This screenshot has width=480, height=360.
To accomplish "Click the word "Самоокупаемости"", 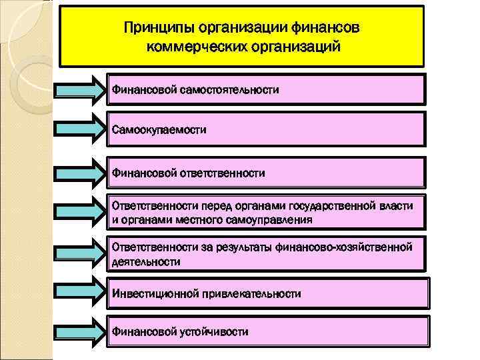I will pos(159,129).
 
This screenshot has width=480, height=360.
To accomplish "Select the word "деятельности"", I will pos(145,261).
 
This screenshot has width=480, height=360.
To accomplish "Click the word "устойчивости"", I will pos(214,331).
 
